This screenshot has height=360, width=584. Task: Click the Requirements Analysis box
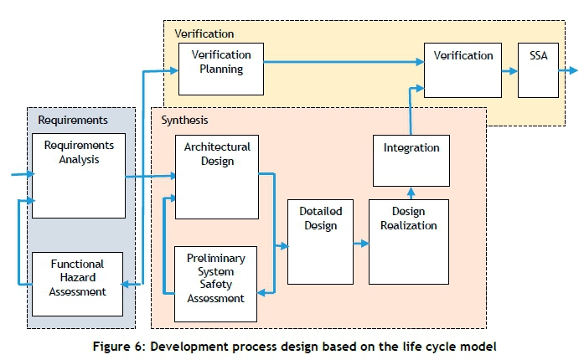pos(78,175)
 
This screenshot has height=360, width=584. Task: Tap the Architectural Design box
pos(217,177)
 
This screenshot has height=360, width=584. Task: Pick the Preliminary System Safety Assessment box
pos(215,284)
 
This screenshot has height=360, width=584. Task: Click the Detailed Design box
pos(319,241)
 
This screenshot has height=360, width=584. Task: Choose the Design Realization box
pos(408,241)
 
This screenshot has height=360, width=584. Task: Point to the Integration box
pos(411,160)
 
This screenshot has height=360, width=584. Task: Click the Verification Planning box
pos(220,69)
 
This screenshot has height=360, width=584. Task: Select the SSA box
pos(538,70)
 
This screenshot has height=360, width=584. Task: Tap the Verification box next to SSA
pos(463,70)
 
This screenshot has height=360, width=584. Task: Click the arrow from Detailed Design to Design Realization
pos(361,244)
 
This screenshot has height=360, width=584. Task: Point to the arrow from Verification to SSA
pos(509,72)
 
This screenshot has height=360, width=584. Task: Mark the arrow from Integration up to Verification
pos(411,109)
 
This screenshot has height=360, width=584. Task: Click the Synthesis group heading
pos(184,121)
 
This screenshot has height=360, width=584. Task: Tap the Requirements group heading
pos(73,121)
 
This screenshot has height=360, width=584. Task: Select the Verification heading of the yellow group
pos(204,33)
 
